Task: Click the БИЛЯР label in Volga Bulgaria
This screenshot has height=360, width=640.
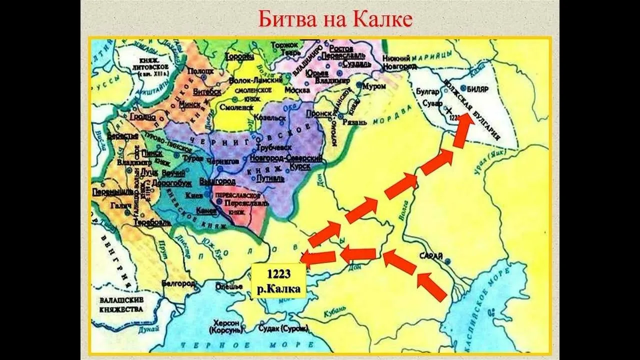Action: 477,90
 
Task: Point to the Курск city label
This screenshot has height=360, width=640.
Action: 301,167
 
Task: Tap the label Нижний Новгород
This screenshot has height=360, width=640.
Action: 399,62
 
